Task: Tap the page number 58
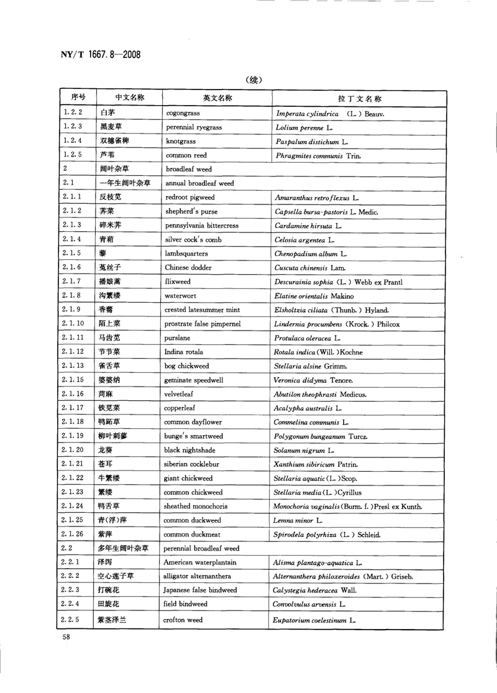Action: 66,638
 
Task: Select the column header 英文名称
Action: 217,98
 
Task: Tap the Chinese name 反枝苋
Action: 112,198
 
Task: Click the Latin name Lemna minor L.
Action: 298,520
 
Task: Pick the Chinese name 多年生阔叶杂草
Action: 124,549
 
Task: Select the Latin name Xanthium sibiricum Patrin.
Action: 316,464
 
